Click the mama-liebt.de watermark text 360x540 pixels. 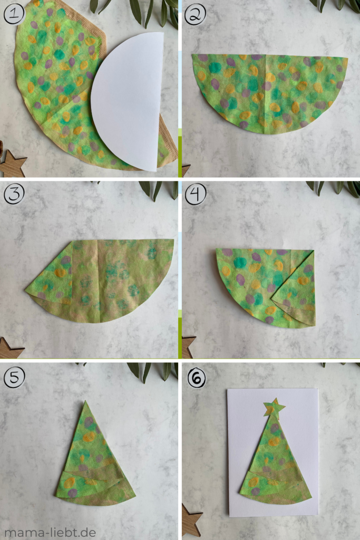[x=51, y=532]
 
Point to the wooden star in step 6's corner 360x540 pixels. [x=191, y=520]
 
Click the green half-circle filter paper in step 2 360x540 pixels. [x=269, y=90]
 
